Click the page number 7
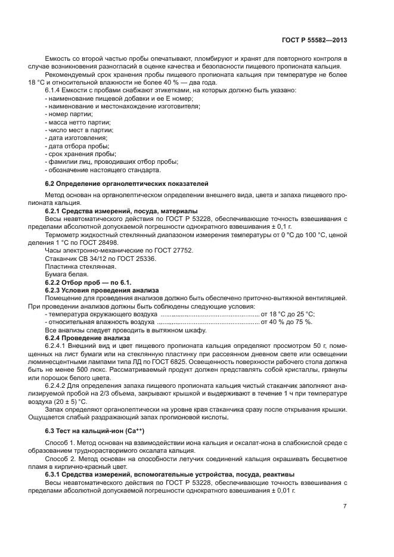345,506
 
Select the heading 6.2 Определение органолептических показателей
126,183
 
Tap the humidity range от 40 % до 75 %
286,322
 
